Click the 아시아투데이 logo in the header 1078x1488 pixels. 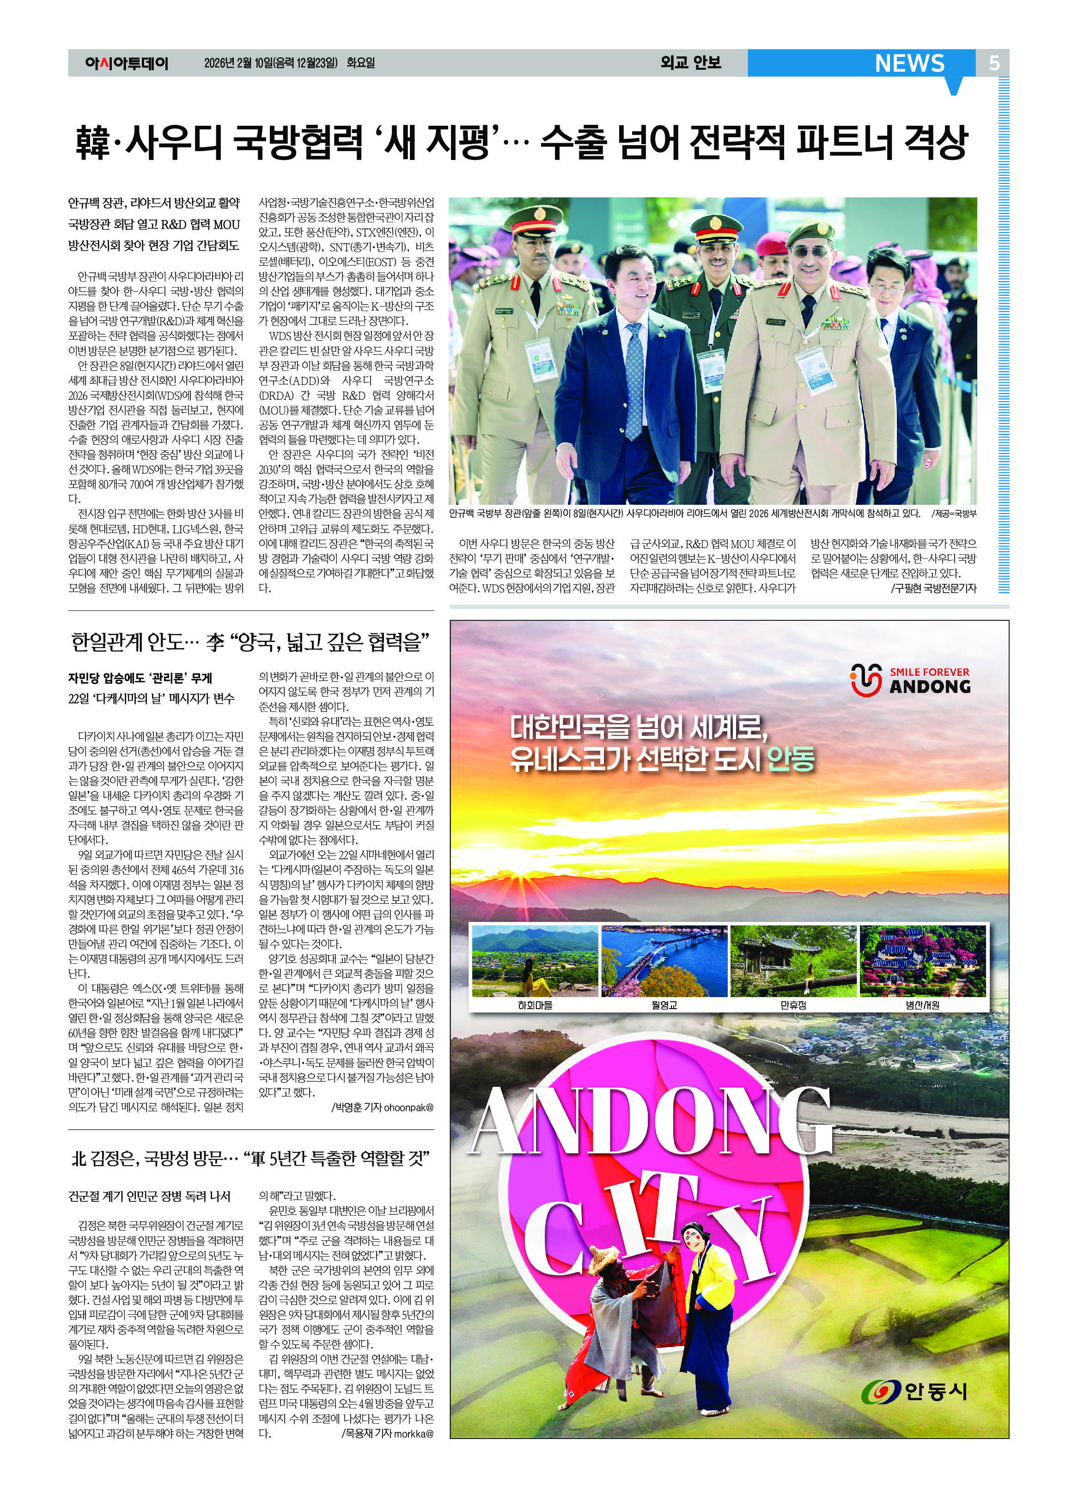pyautogui.click(x=127, y=64)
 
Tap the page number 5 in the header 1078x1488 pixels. pyautogui.click(x=994, y=63)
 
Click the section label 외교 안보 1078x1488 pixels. pyautogui.click(x=690, y=63)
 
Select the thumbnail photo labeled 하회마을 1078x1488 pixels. pyautogui.click(x=535, y=961)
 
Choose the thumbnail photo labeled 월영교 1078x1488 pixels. pyautogui.click(x=664, y=961)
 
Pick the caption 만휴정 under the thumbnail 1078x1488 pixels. pyautogui.click(x=793, y=1005)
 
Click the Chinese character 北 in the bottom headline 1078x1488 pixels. pyautogui.click(x=78, y=1159)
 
